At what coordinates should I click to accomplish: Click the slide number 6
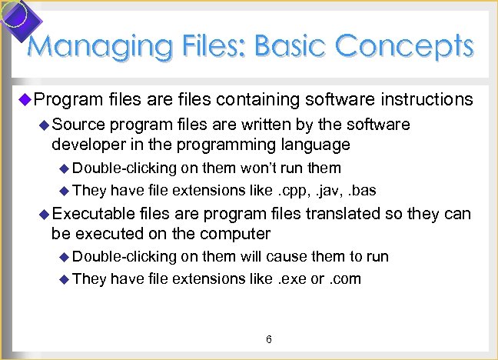click(x=269, y=339)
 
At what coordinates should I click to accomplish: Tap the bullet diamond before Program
click(x=23, y=98)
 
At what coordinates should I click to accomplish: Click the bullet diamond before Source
click(x=44, y=125)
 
